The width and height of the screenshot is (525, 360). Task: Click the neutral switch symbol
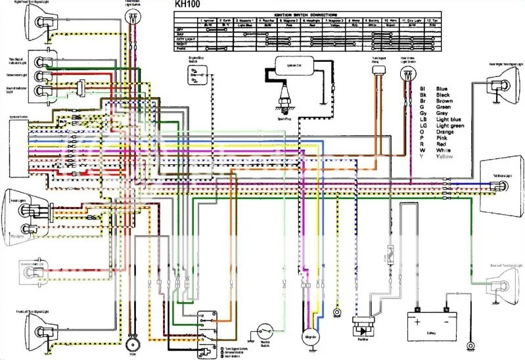tap(264, 332)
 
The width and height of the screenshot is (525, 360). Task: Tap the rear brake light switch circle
tap(408, 76)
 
